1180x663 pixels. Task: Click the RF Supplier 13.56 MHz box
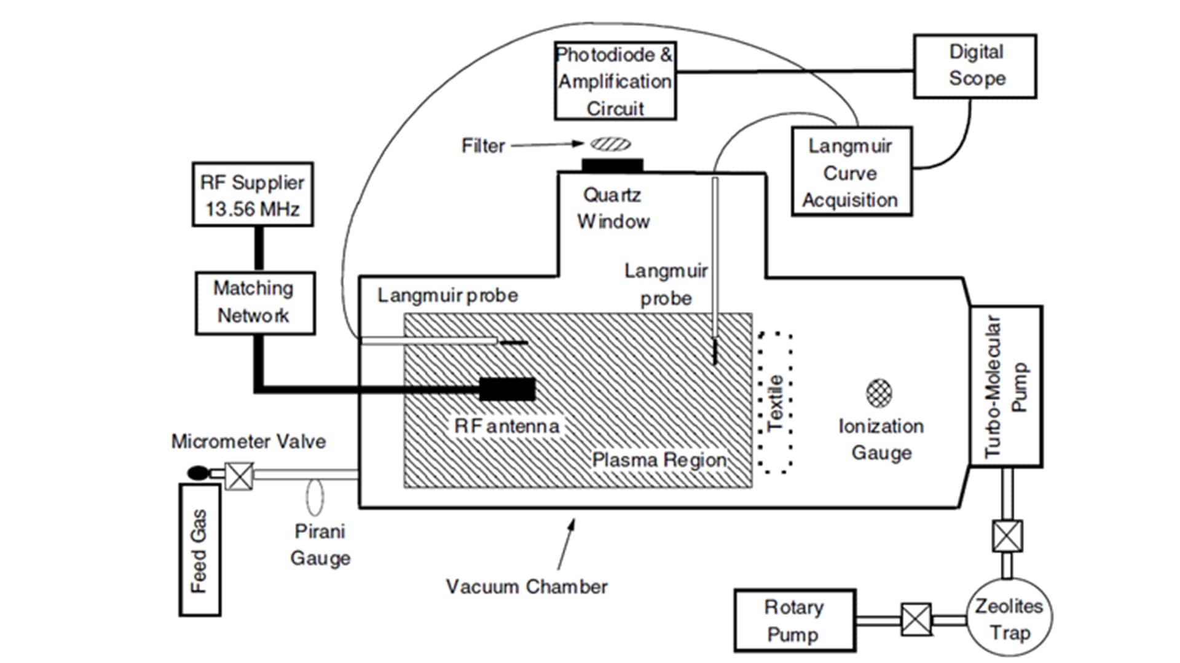tap(253, 195)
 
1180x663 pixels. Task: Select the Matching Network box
tap(255, 303)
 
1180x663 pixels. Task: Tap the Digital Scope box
tap(975, 66)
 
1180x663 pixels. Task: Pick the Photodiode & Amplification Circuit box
tap(615, 81)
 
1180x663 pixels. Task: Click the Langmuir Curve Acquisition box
tap(851, 172)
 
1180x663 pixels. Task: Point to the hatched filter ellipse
tap(611, 144)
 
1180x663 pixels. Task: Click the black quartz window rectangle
tap(612, 165)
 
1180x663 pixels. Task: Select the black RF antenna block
tap(507, 390)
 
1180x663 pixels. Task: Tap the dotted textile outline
tap(775, 403)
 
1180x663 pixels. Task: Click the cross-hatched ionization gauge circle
tap(879, 393)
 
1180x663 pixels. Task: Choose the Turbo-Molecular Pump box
tap(1005, 386)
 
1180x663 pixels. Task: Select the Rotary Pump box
tap(795, 620)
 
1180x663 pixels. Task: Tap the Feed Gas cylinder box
tap(200, 549)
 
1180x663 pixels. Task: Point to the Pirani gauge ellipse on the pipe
tap(315, 497)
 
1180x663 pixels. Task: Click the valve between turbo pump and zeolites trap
tap(1007, 536)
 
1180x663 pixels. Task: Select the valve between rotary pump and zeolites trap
tap(916, 619)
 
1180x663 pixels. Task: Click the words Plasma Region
tap(659, 460)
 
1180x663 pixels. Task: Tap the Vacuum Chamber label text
tap(527, 587)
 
